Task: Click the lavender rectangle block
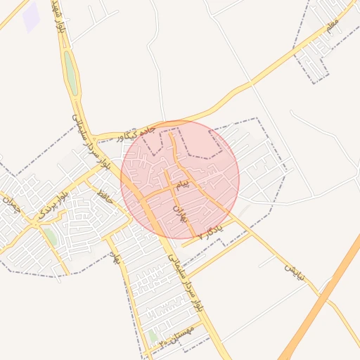pos(31,18)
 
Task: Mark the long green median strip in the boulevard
pos(70,72)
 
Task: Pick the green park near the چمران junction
pos(50,236)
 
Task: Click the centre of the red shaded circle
pos(180,180)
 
